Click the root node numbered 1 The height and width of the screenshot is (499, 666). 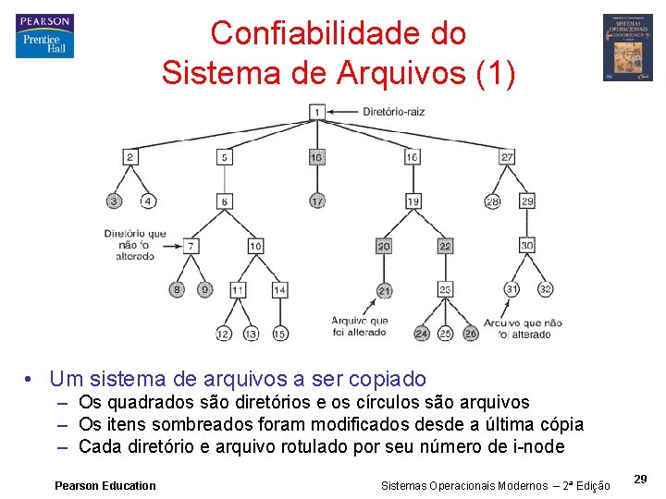316,112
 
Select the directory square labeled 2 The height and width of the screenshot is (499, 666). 130,158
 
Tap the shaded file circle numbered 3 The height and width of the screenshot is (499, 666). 114,201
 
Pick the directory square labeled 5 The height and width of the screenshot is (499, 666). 224,158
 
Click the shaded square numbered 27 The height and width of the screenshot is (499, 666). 507,158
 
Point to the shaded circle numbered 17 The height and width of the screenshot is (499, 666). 316,201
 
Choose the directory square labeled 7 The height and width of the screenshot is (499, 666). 191,247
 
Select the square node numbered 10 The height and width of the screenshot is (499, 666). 255,247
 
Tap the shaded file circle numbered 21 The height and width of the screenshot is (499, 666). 384,291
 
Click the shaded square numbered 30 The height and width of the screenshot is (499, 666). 526,246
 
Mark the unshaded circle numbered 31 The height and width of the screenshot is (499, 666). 512,289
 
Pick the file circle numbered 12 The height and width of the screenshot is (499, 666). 223,334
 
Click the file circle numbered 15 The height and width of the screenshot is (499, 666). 279,334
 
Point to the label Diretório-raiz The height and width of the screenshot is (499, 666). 393,112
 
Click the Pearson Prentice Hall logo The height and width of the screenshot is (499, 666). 44,36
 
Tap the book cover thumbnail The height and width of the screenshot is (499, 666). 628,47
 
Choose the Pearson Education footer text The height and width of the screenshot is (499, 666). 105,485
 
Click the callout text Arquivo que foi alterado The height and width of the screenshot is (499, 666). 360,326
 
